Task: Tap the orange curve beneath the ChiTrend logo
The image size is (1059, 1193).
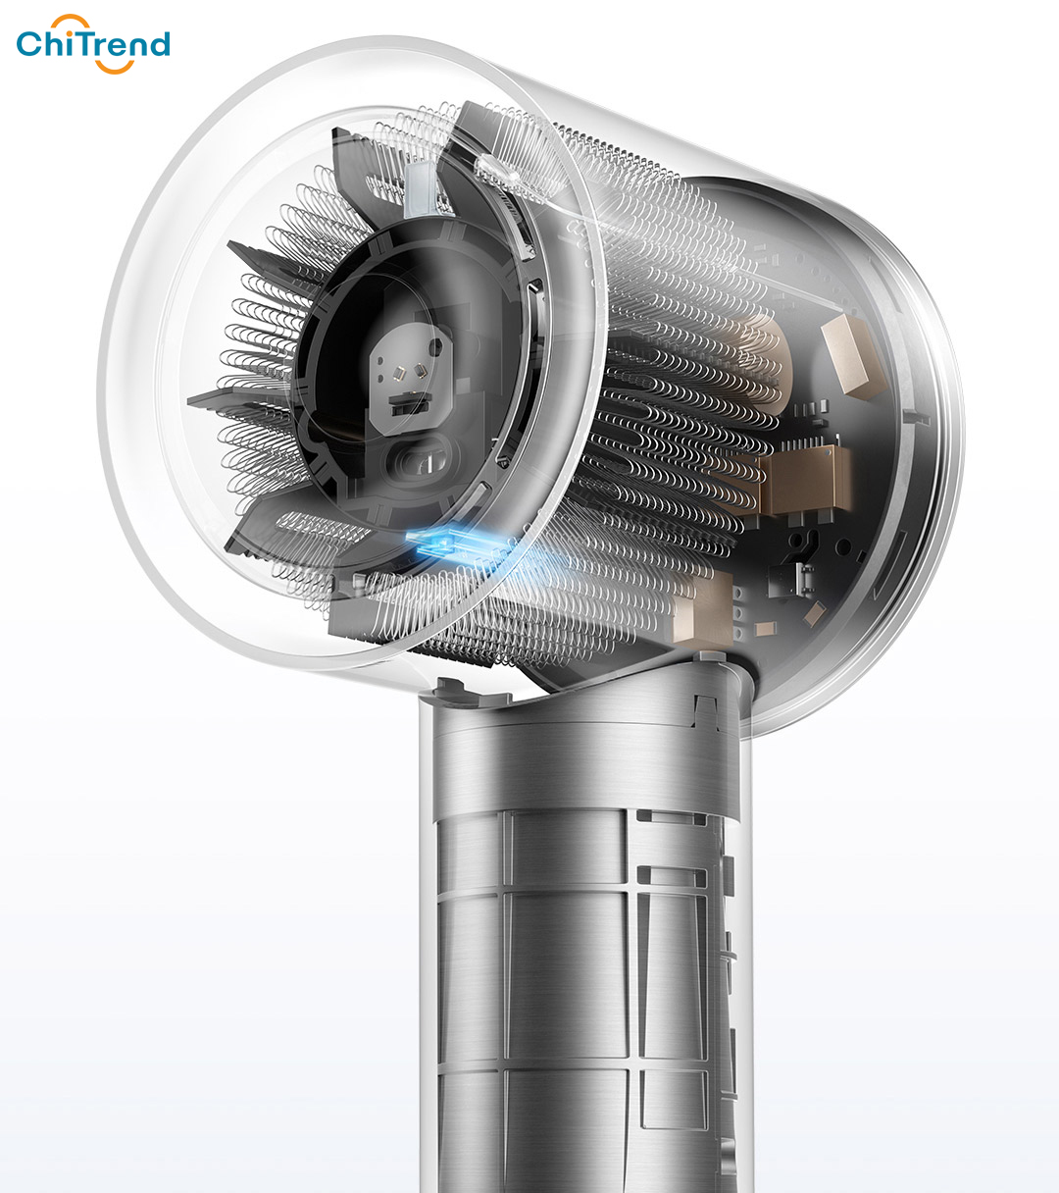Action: click(114, 67)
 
